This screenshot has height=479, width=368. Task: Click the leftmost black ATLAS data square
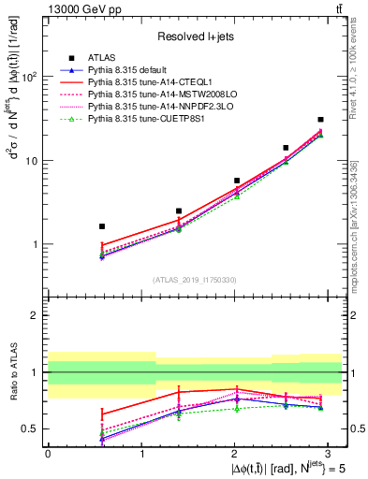click(102, 226)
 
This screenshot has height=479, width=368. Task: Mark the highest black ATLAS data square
click(320, 120)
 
